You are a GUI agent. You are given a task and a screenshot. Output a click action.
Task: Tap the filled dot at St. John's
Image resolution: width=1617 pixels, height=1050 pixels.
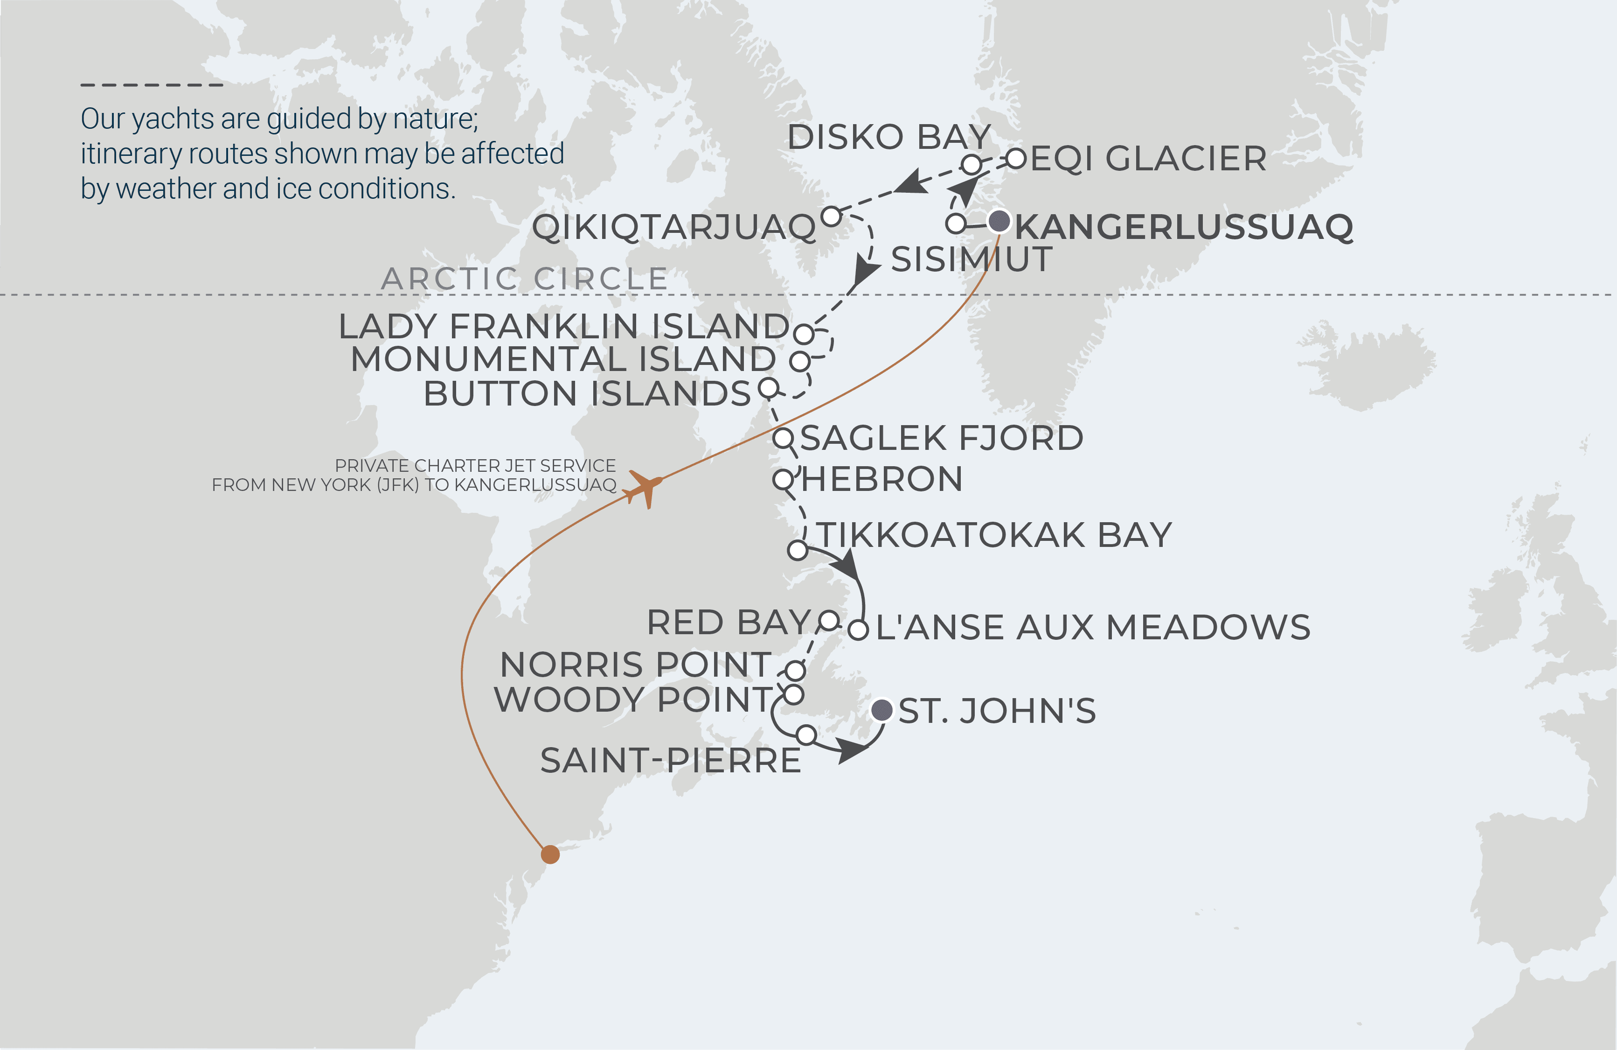point(882,710)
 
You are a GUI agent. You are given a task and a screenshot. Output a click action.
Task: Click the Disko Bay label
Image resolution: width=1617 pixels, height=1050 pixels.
point(888,137)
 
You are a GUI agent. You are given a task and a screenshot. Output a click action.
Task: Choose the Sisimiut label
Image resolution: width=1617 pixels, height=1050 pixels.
point(972,259)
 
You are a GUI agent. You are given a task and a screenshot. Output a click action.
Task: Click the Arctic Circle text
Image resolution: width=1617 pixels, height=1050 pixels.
point(525,279)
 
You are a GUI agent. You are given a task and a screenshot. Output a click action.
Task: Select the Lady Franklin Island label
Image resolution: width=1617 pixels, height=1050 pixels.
point(564,327)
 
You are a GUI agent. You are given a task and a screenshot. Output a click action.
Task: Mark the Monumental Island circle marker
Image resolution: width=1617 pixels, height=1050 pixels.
point(800,361)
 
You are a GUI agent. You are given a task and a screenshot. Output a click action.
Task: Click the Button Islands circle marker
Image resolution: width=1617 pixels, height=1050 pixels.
point(769,388)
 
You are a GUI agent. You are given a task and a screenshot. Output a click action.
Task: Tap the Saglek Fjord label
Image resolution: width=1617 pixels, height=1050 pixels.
point(942,438)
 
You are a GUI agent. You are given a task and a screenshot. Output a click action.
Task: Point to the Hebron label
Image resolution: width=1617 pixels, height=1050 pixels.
point(882,480)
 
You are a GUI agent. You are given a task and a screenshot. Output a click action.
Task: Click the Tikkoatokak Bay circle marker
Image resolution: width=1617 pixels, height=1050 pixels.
point(797,550)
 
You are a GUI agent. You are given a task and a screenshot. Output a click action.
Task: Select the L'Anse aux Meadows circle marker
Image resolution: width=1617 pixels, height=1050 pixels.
point(858,630)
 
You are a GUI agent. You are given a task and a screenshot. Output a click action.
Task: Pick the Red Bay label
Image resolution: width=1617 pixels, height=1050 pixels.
point(729,623)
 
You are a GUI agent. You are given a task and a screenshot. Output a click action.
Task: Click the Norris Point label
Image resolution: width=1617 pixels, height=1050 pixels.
point(636,665)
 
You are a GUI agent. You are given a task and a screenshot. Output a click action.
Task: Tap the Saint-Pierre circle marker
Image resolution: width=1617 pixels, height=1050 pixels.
point(806,735)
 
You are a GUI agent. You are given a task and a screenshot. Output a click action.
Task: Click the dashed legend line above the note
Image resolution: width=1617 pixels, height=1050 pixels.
point(152,85)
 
